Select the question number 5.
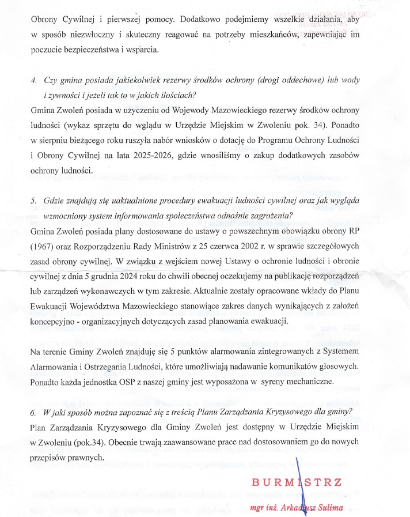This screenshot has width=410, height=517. [34, 200]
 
